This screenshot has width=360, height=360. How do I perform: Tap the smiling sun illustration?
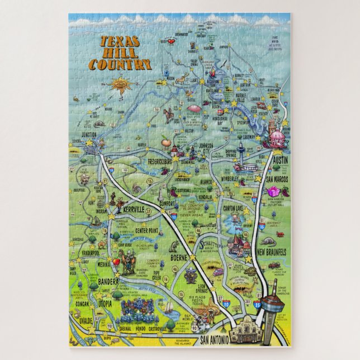point(120,85)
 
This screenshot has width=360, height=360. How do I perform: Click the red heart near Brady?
point(165,41)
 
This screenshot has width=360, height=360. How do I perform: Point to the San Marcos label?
point(277,179)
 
